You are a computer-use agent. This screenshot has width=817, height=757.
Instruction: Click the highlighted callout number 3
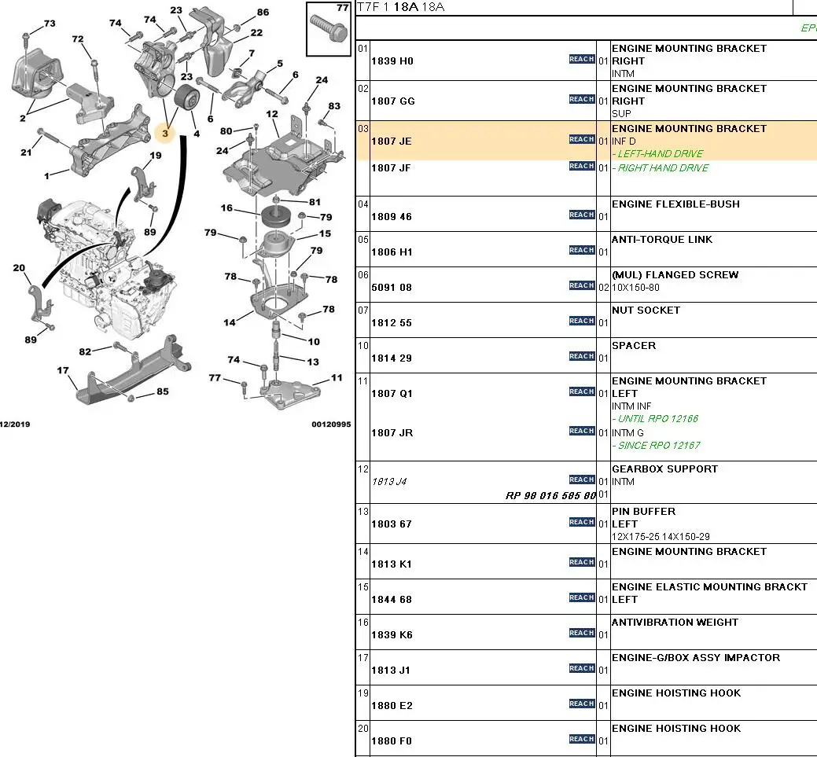165,134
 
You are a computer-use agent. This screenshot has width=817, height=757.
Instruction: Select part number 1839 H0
392,61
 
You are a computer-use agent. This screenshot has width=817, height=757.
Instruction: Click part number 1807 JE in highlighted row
392,141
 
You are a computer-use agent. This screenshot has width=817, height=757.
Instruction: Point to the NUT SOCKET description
646,311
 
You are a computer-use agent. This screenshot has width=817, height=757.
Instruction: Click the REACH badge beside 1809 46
582,215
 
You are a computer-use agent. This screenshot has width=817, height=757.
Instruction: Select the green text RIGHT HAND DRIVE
662,168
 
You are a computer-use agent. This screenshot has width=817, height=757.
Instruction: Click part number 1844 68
392,600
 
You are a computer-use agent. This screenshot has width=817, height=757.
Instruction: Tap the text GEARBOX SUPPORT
664,469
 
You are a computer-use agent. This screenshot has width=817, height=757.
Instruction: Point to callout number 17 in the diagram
63,370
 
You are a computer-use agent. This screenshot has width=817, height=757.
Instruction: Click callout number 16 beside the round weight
226,208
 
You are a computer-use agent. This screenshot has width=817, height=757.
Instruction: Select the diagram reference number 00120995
331,424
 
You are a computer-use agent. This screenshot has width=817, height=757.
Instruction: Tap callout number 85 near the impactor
162,391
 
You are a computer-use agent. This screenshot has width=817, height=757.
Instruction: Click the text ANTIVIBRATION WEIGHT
675,623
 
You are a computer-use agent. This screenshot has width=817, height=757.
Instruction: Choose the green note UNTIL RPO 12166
657,419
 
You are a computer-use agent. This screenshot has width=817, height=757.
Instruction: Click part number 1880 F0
392,741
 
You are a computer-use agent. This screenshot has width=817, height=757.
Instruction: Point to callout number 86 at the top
263,13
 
